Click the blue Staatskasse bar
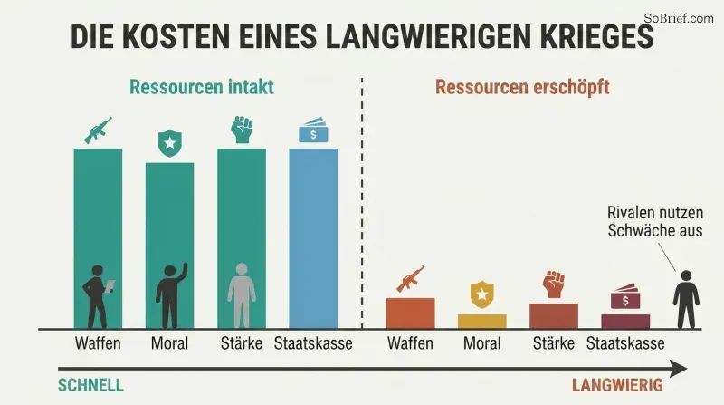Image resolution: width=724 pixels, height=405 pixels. point(313,238)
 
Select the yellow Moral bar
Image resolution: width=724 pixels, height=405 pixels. point(482,322)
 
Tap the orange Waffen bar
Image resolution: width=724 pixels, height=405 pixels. point(411,313)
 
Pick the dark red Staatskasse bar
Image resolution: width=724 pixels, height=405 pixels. point(625,322)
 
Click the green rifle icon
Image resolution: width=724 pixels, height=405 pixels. point(98,130)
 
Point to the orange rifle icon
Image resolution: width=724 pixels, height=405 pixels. point(411,279)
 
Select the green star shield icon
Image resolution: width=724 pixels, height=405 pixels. point(170,143)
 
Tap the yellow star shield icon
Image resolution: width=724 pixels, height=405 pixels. point(482,294)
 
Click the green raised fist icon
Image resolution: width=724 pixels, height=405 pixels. point(242,129)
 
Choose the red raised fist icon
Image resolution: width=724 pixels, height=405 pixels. point(554,284)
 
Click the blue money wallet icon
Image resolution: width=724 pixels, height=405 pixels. point(313,130)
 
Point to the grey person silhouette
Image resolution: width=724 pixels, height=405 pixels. point(242,295)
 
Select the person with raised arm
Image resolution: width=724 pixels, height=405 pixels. point(171,296)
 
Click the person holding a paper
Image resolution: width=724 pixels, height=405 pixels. point(98,296)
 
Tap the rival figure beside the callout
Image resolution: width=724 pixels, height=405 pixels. point(686,300)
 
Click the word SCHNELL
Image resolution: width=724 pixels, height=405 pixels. point(90,385)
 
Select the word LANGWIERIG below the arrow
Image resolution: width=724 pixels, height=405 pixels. point(617,385)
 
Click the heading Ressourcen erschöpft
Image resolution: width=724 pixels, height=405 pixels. point(522,87)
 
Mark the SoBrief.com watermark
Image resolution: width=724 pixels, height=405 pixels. point(679,18)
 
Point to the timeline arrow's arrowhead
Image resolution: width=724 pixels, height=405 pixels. point(679,369)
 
